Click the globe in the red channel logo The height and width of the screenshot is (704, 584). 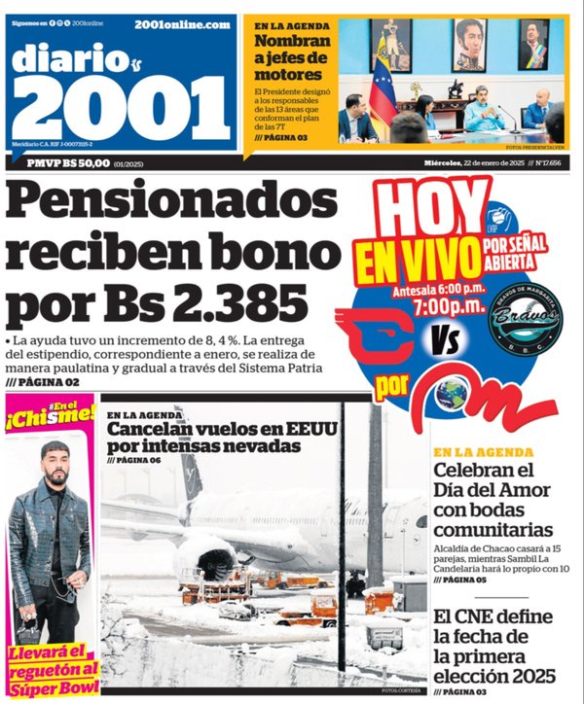click(x=450, y=391)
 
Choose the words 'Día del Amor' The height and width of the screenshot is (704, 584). click(x=492, y=490)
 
